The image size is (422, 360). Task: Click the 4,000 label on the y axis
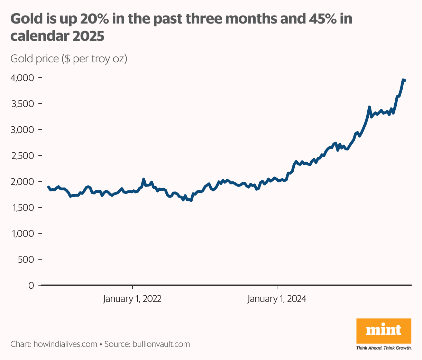[x=22, y=78]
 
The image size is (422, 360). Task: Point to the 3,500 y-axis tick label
[x=22, y=104]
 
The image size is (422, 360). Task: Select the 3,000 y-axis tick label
[x=22, y=130]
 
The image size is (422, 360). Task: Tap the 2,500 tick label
[x=22, y=156]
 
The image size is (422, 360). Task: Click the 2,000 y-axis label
[x=22, y=182]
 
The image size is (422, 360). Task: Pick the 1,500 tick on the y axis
[x=22, y=208]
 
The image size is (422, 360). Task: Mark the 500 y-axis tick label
[x=26, y=260]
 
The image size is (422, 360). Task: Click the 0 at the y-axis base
[x=31, y=286]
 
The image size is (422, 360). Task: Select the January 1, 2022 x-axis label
[x=132, y=299]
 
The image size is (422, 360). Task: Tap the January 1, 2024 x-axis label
[x=277, y=299]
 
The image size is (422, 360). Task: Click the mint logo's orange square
[x=384, y=331]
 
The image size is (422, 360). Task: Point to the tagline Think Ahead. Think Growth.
[x=384, y=348]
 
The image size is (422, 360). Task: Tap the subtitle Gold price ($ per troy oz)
[x=69, y=59]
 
